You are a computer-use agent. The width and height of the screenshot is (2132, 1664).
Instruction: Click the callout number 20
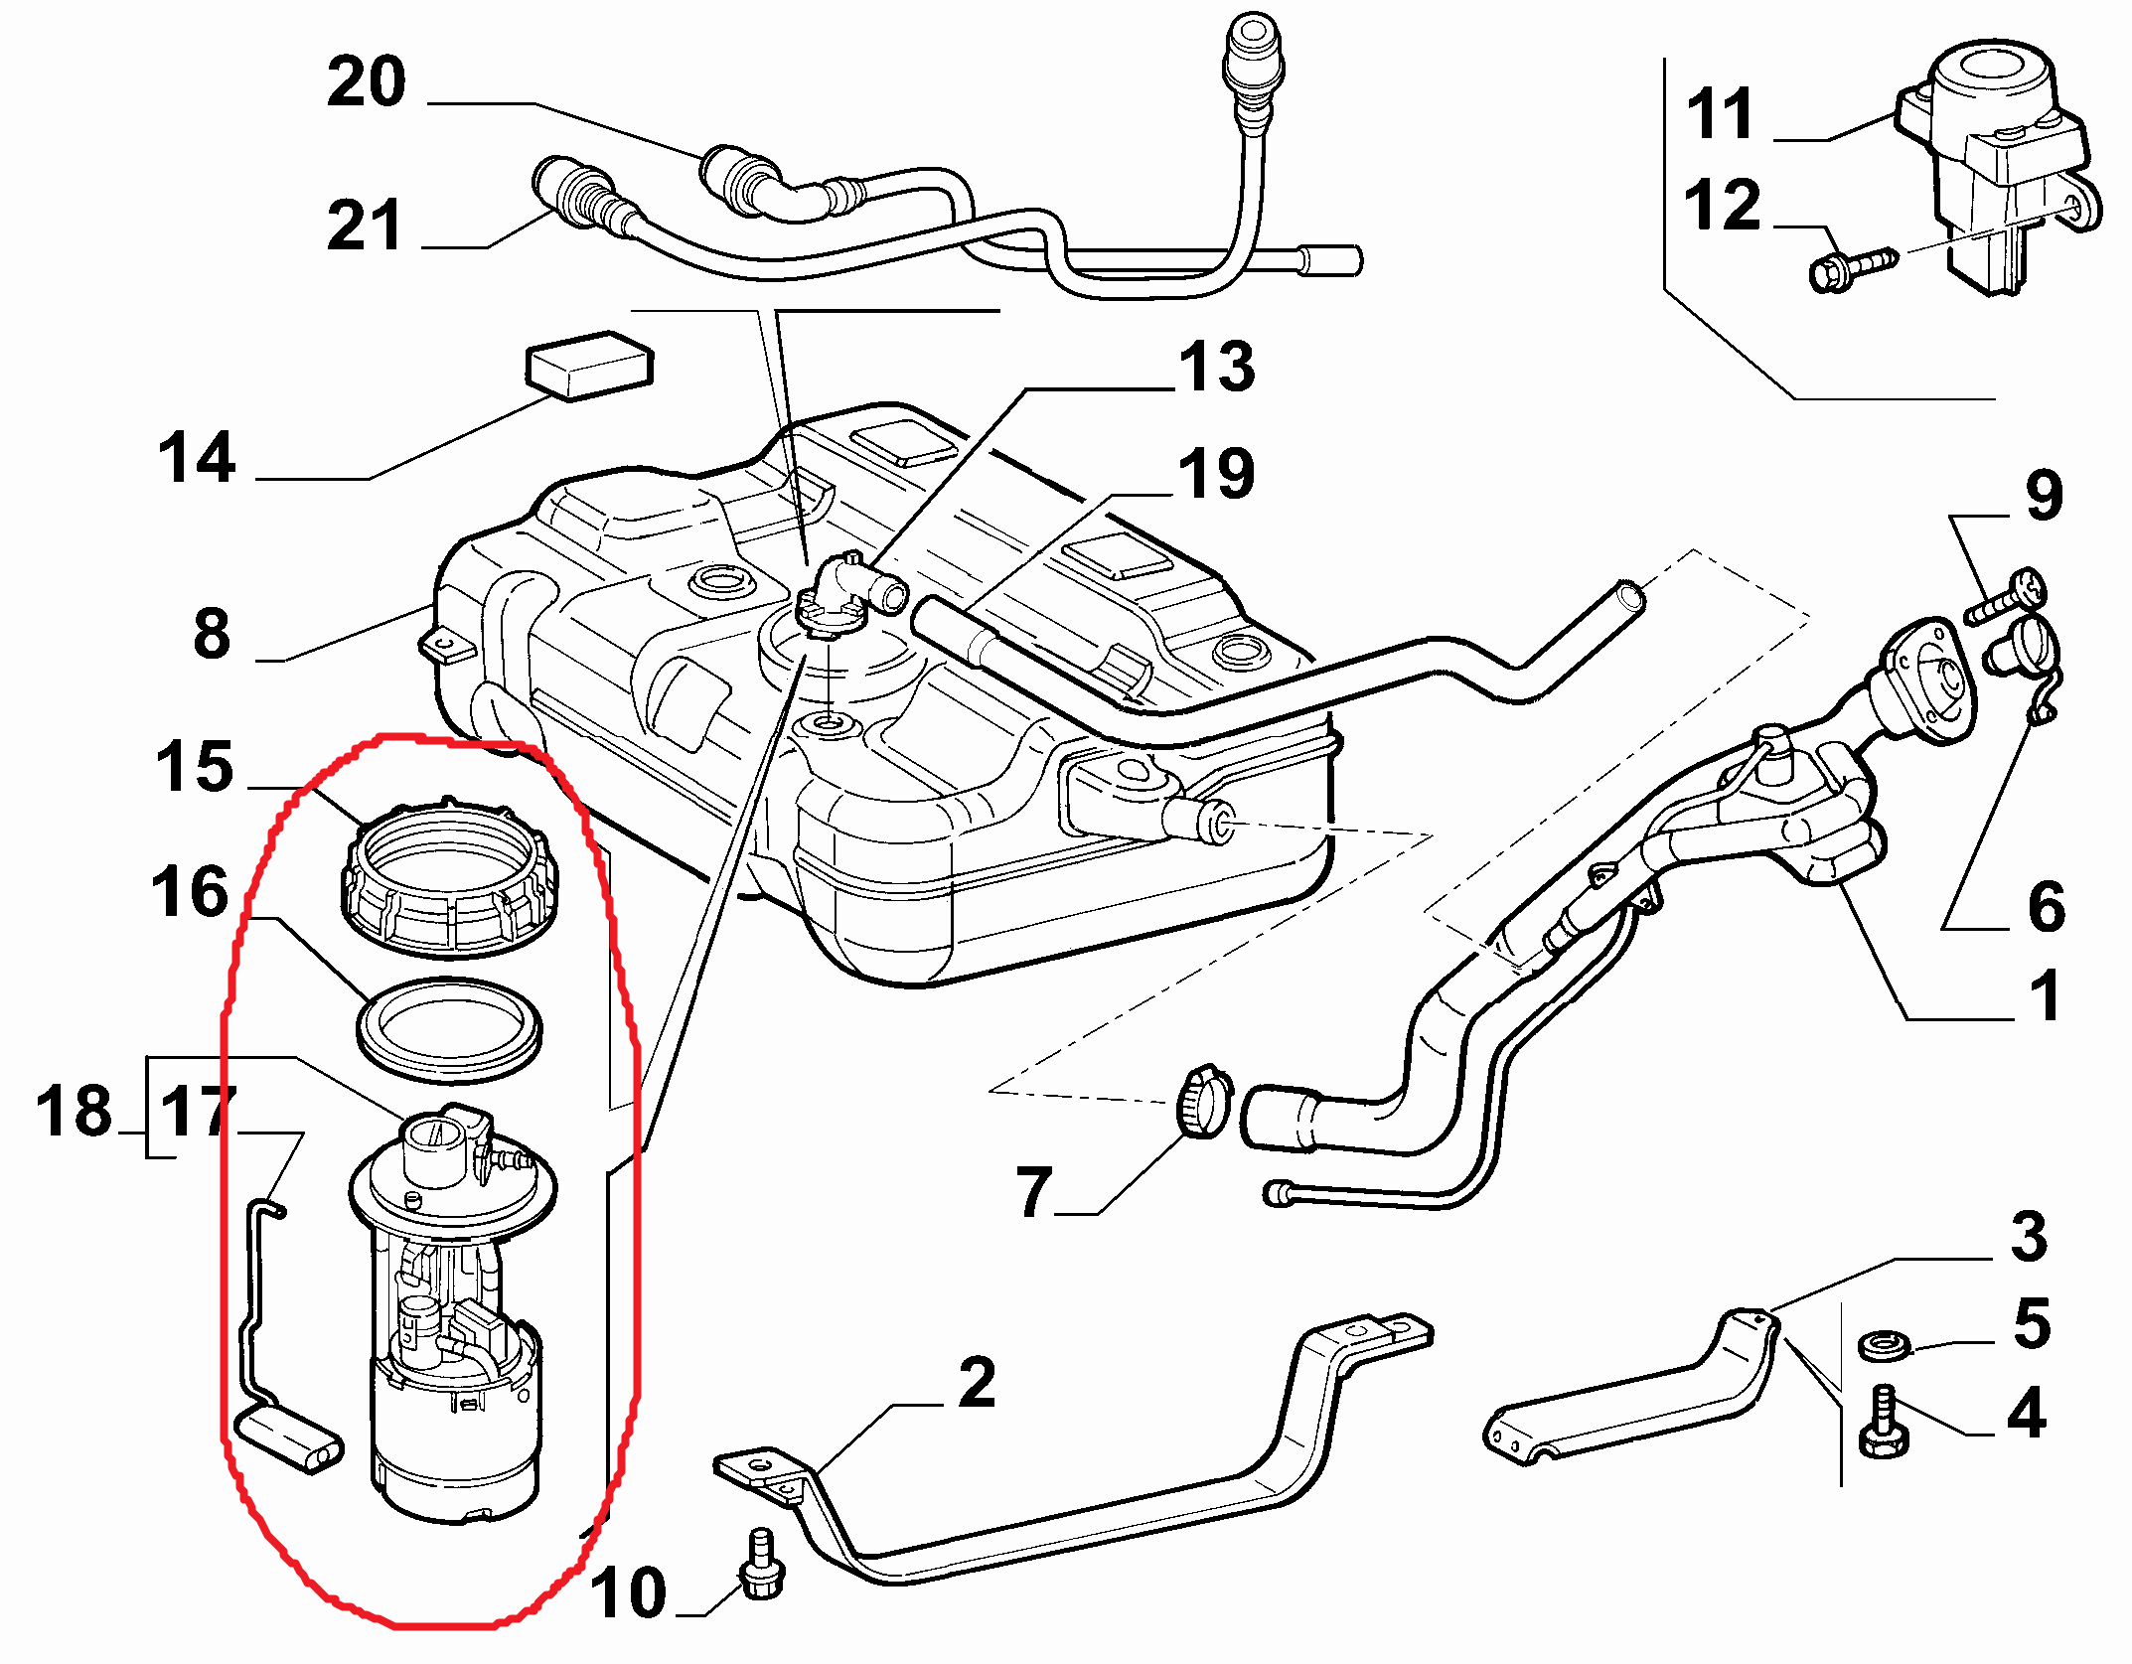366,81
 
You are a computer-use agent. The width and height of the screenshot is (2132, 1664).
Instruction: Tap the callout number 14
197,458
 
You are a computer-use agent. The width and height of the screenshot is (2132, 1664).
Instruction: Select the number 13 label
1216,367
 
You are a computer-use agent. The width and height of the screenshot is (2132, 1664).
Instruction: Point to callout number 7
1033,1191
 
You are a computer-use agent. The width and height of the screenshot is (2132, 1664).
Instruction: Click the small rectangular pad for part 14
589,365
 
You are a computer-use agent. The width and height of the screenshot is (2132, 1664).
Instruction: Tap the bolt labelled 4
1882,1425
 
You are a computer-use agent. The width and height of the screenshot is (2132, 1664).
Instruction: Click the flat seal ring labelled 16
449,1029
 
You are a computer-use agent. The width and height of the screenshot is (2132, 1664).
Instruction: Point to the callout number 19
1216,473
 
